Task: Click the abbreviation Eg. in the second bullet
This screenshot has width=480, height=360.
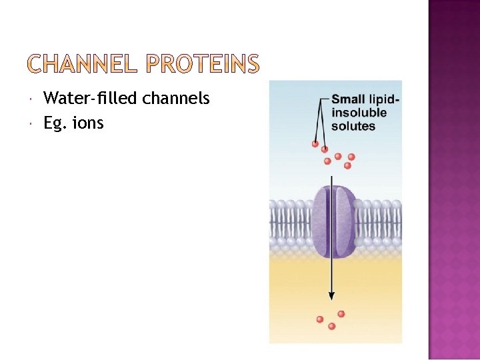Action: pyautogui.click(x=55, y=123)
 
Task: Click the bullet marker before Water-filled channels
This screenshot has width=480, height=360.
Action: pyautogui.click(x=33, y=100)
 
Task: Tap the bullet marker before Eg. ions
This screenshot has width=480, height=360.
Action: pyautogui.click(x=33, y=124)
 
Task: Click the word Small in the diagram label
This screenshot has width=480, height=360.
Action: pyautogui.click(x=348, y=100)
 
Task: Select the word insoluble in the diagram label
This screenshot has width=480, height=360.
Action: pyautogui.click(x=359, y=113)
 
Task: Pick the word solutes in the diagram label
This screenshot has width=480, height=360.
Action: pyautogui.click(x=353, y=125)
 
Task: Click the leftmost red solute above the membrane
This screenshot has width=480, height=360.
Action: pyautogui.click(x=315, y=143)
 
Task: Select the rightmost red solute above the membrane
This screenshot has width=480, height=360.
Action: pyautogui.click(x=351, y=157)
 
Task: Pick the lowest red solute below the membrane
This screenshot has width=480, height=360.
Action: pyautogui.click(x=331, y=326)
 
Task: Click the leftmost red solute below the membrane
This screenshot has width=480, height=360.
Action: pyautogui.click(x=320, y=319)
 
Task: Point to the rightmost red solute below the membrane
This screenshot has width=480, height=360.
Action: pyautogui.click(x=341, y=313)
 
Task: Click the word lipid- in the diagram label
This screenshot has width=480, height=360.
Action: pyautogui.click(x=383, y=100)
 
